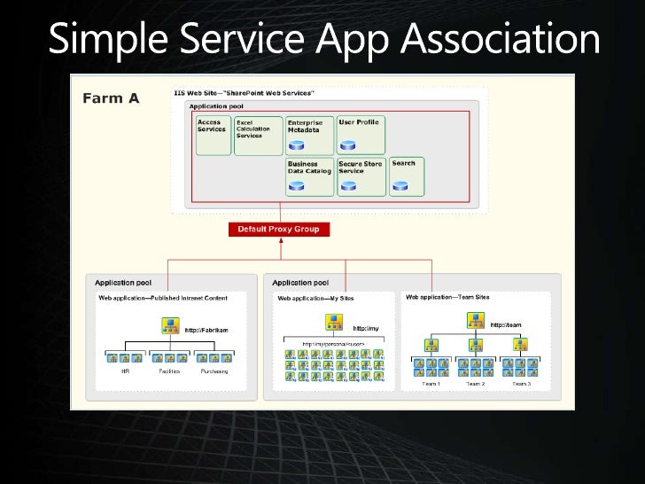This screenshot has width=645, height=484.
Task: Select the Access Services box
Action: tap(213, 135)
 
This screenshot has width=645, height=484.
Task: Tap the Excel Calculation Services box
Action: tap(257, 135)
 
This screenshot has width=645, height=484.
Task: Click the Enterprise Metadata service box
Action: tap(309, 135)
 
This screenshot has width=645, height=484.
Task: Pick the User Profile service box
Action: tap(361, 135)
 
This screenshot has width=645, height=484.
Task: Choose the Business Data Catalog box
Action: tap(309, 176)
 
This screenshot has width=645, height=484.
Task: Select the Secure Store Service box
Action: tap(361, 176)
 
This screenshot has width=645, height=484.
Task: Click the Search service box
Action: tap(406, 176)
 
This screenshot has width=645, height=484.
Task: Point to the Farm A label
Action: tap(111, 98)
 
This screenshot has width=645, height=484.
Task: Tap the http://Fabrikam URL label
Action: tap(206, 330)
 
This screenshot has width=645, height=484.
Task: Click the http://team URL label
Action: tap(506, 324)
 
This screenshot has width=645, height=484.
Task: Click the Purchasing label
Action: tap(214, 371)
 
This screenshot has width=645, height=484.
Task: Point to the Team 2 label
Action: tap(476, 383)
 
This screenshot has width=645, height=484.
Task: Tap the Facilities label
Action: tap(169, 371)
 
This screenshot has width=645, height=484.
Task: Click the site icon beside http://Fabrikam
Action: tap(170, 325)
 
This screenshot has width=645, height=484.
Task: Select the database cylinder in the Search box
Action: tap(401, 186)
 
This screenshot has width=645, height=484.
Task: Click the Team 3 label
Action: tap(521, 383)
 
